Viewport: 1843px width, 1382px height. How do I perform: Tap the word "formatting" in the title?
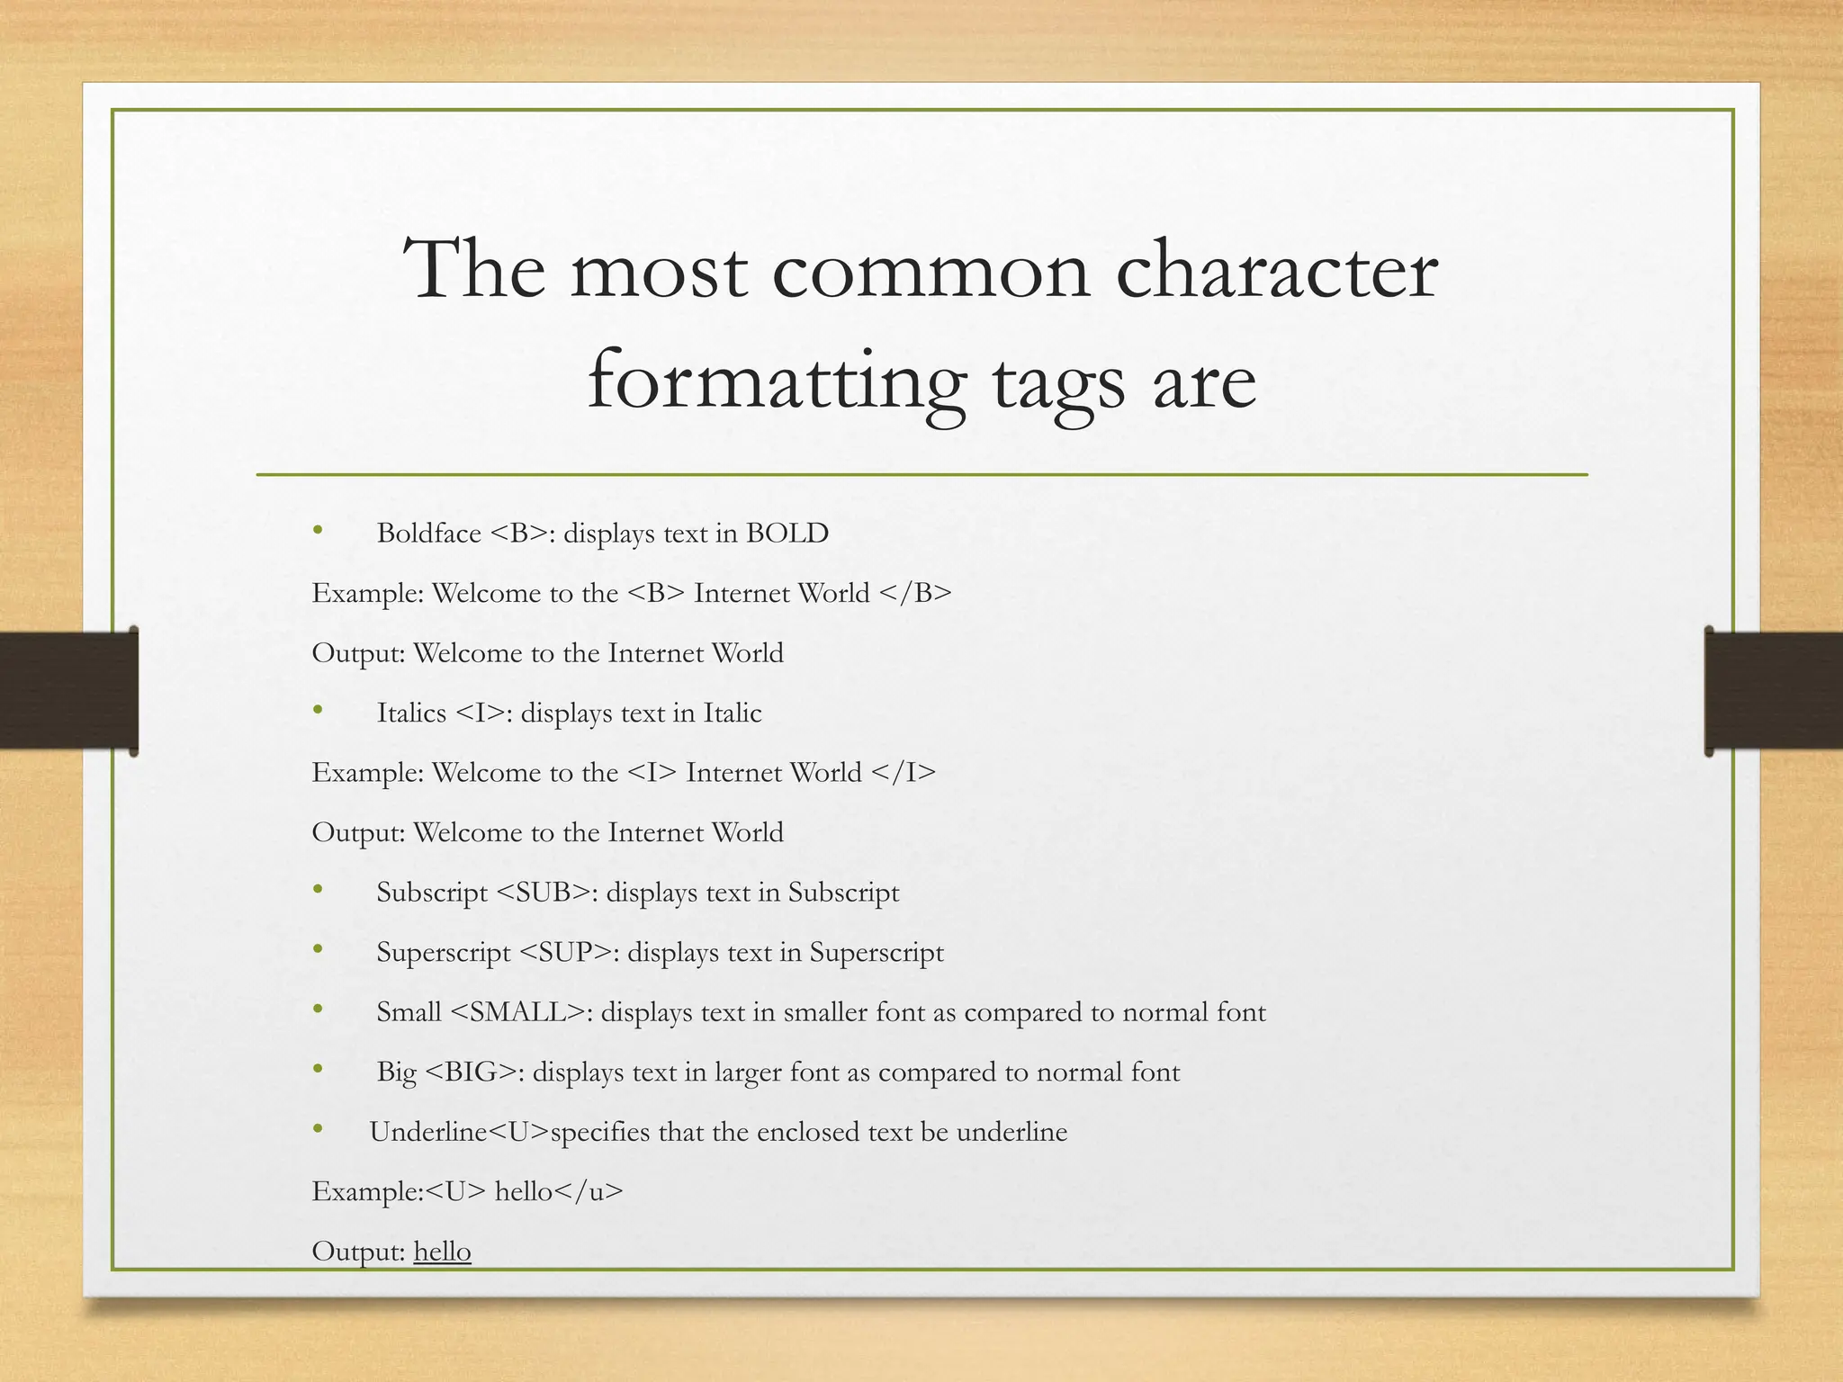777,382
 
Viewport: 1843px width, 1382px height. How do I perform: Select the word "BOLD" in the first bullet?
787,534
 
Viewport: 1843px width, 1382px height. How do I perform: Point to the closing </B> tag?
915,594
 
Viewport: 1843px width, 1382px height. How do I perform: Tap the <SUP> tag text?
566,953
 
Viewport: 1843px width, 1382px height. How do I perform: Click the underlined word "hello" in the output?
442,1252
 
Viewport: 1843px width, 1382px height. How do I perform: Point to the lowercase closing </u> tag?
589,1192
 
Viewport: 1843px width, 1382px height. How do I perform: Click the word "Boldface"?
428,534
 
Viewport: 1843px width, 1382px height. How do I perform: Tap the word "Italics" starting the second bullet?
411,713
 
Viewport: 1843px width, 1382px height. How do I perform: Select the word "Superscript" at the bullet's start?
443,953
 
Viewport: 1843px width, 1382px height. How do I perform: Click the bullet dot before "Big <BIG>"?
318,1069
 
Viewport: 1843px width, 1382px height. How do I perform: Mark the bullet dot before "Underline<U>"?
318,1128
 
